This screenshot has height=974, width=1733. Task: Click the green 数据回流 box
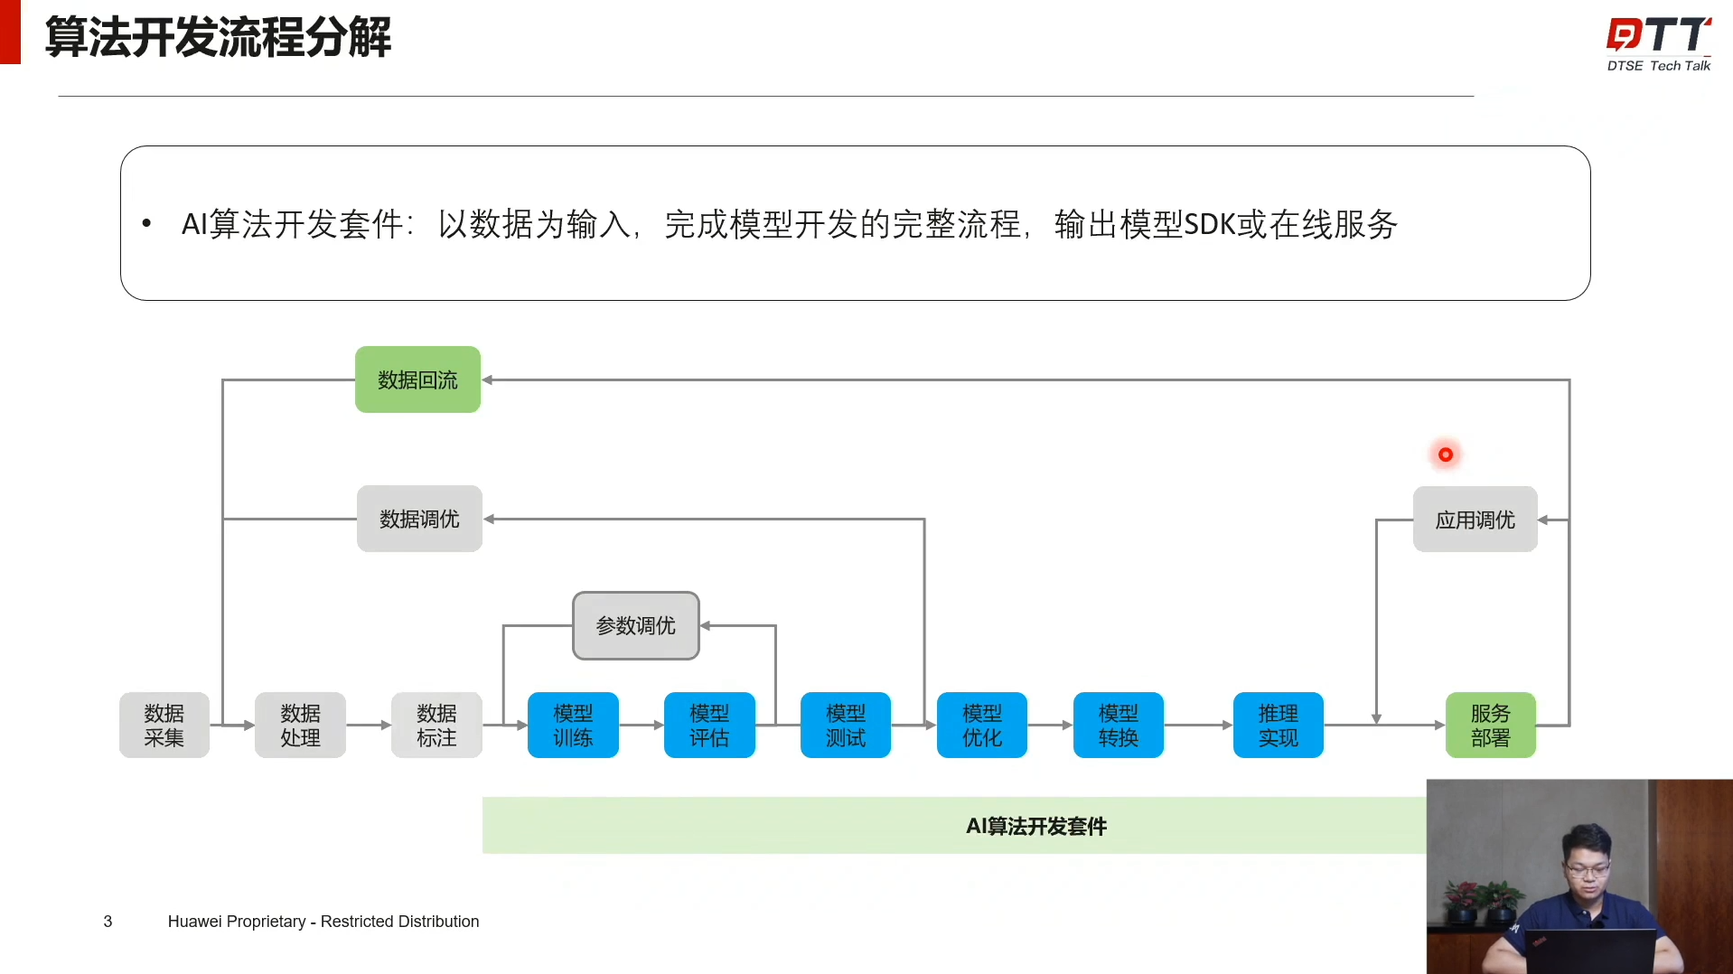click(417, 379)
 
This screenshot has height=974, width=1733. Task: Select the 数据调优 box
click(419, 519)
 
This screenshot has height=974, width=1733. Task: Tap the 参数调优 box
click(635, 625)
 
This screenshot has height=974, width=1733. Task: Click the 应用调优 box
click(1475, 520)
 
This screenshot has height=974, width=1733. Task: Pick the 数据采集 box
click(164, 725)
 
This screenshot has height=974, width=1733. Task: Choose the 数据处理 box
click(300, 725)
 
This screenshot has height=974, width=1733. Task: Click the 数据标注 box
click(436, 725)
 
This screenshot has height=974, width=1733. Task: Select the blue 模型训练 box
click(573, 725)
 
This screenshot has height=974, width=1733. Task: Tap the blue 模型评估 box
click(709, 725)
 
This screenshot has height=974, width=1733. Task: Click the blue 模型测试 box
click(846, 725)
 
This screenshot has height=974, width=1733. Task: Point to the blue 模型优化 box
click(982, 725)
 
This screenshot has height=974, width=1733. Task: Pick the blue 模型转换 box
click(1118, 725)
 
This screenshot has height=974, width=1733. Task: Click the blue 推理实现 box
click(1278, 725)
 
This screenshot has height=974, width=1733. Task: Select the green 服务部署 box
click(1490, 725)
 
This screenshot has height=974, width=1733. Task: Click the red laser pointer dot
click(1446, 454)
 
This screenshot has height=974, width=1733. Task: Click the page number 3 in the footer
click(108, 922)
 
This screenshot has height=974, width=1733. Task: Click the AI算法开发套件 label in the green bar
click(1035, 826)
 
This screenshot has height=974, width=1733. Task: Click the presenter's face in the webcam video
click(1588, 865)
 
